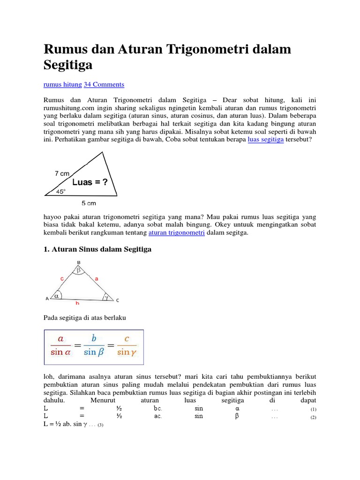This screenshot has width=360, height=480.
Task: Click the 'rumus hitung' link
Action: click(x=62, y=84)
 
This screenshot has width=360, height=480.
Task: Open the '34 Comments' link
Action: click(x=104, y=84)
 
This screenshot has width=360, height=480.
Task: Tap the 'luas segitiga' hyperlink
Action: click(x=265, y=140)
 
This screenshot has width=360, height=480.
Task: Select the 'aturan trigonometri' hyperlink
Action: click(x=176, y=232)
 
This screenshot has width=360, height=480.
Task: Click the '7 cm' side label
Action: click(x=62, y=173)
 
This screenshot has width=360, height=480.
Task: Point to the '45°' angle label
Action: click(x=61, y=191)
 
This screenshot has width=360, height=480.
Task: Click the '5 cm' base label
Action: click(x=89, y=203)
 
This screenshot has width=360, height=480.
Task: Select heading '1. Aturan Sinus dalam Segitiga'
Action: click(x=97, y=250)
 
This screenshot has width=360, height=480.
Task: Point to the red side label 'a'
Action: click(x=97, y=278)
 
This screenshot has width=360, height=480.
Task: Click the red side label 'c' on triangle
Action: click(x=61, y=278)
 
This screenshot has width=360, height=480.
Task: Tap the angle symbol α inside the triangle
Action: click(x=57, y=296)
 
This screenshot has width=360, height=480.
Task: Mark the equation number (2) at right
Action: click(x=313, y=418)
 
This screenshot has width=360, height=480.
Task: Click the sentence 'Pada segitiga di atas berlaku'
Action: click(x=85, y=318)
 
